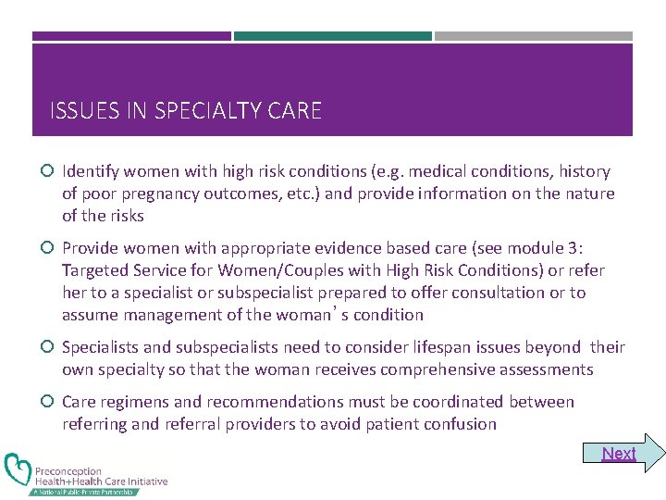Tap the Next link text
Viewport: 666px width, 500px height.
(x=619, y=453)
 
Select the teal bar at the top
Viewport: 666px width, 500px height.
(x=332, y=36)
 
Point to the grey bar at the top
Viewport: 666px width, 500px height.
(x=534, y=36)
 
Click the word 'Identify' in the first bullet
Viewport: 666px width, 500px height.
(x=90, y=171)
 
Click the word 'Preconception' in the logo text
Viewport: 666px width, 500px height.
(x=68, y=471)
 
